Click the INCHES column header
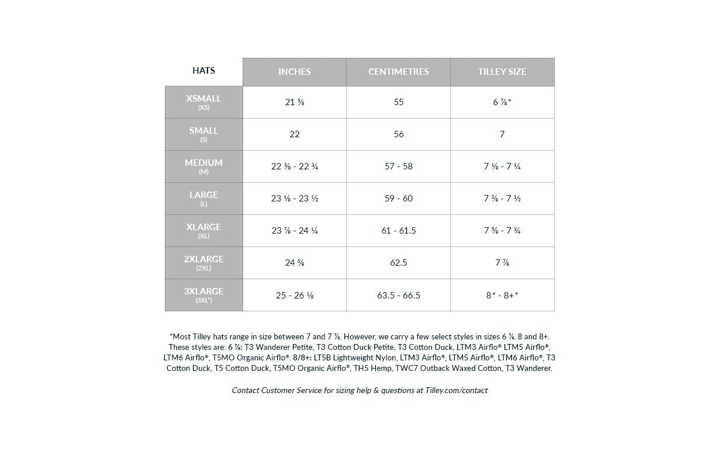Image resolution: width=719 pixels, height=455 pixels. pyautogui.click(x=295, y=72)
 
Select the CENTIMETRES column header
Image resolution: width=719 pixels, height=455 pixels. pyautogui.click(x=398, y=72)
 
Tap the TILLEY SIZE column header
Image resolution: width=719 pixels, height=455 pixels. pyautogui.click(x=502, y=72)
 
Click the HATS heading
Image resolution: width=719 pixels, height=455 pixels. pyautogui.click(x=203, y=71)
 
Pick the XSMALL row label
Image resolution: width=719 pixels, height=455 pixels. pyautogui.click(x=203, y=102)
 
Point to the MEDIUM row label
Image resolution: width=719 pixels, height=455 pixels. pyautogui.click(x=203, y=166)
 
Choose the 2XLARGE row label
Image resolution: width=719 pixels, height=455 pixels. pyautogui.click(x=203, y=263)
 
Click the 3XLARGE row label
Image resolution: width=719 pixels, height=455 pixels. pyautogui.click(x=203, y=295)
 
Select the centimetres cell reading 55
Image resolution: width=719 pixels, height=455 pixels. pyautogui.click(x=399, y=102)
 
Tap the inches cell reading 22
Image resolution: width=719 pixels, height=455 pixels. pyautogui.click(x=295, y=134)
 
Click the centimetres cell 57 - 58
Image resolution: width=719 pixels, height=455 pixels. pyautogui.click(x=399, y=166)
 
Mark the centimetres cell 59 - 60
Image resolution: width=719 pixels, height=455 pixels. pyautogui.click(x=399, y=199)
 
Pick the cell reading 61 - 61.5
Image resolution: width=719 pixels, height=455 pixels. pyautogui.click(x=399, y=231)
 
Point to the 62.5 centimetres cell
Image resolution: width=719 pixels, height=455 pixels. pyautogui.click(x=399, y=263)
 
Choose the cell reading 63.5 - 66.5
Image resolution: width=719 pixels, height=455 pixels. pyautogui.click(x=399, y=296)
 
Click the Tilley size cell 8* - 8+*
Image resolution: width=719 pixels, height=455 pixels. pyautogui.click(x=502, y=296)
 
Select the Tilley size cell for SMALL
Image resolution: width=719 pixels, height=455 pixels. pyautogui.click(x=502, y=134)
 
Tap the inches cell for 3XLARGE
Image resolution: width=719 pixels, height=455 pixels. pyautogui.click(x=295, y=296)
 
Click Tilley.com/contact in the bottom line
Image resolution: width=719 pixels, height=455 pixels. pyautogui.click(x=452, y=390)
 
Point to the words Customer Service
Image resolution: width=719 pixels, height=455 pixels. pyautogui.click(x=291, y=390)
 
